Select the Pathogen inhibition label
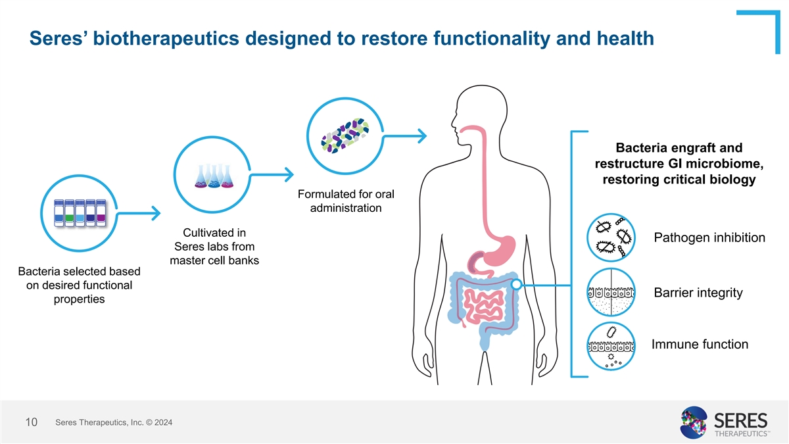[x=710, y=237]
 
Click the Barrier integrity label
[x=698, y=293]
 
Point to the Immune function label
[x=700, y=344]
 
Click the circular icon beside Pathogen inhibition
[x=611, y=237]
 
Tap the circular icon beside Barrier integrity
[x=611, y=292]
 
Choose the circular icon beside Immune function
[x=611, y=346]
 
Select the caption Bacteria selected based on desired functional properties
[x=75, y=285]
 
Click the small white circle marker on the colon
[x=516, y=285]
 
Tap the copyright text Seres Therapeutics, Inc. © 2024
[x=114, y=422]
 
